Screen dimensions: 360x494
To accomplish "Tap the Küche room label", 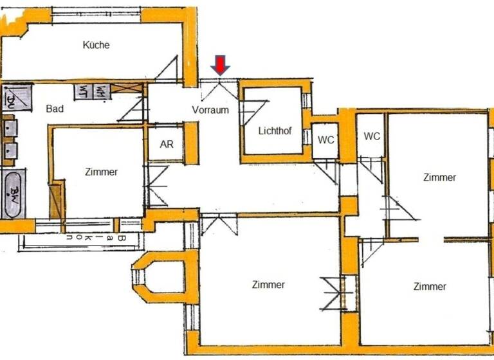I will click(x=96, y=45).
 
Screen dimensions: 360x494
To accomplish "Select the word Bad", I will click(x=55, y=109).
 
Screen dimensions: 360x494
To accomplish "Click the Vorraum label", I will click(x=210, y=110).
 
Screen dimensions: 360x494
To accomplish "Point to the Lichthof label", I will click(x=275, y=131).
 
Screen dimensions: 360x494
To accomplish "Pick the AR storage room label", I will click(x=166, y=144).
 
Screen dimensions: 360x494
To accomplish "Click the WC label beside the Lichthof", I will click(x=326, y=140).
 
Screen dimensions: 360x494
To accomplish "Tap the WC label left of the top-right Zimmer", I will click(x=372, y=136).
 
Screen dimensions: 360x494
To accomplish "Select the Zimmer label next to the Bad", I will click(x=101, y=172).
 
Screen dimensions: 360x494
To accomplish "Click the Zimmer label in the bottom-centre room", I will click(x=268, y=284).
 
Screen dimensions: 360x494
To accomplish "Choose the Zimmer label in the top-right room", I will click(x=439, y=177).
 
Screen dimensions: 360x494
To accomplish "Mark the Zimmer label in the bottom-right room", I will click(x=430, y=286).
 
